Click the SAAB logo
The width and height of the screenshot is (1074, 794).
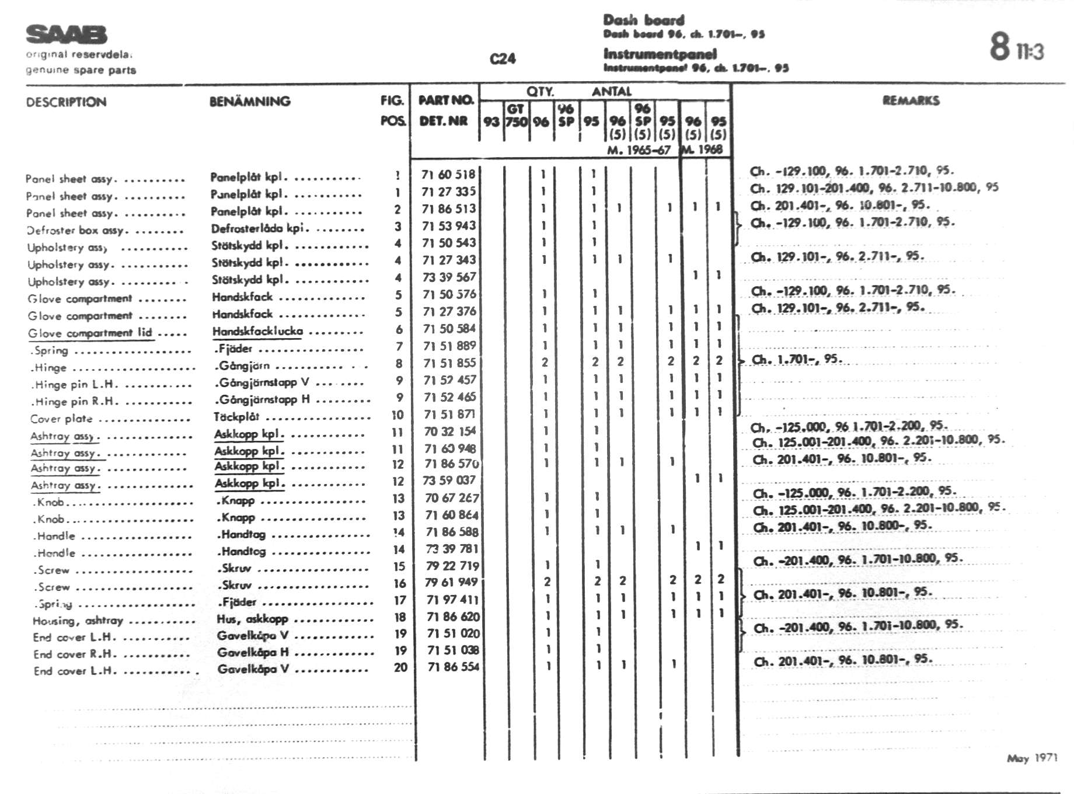[67, 35]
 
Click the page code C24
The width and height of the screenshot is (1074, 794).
[502, 58]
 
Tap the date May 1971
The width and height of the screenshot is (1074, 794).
[1031, 758]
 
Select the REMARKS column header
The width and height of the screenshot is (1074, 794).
[911, 100]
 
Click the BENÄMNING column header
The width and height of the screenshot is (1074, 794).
[250, 102]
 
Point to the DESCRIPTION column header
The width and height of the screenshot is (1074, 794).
[66, 102]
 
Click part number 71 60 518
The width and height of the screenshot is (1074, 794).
[448, 174]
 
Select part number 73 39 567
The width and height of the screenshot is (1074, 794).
[449, 277]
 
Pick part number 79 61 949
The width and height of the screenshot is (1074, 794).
[452, 582]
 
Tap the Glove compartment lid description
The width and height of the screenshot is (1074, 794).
[90, 333]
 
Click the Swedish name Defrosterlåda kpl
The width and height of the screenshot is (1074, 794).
[260, 228]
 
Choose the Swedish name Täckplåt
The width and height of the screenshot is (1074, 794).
[236, 417]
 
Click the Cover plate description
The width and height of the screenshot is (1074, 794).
[61, 419]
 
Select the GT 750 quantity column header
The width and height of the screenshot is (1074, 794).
[516, 116]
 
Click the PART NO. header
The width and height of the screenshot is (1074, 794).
[445, 100]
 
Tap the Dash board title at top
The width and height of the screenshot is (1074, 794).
[643, 20]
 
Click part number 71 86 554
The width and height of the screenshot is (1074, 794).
[453, 667]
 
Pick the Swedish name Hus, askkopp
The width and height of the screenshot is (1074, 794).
[252, 619]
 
